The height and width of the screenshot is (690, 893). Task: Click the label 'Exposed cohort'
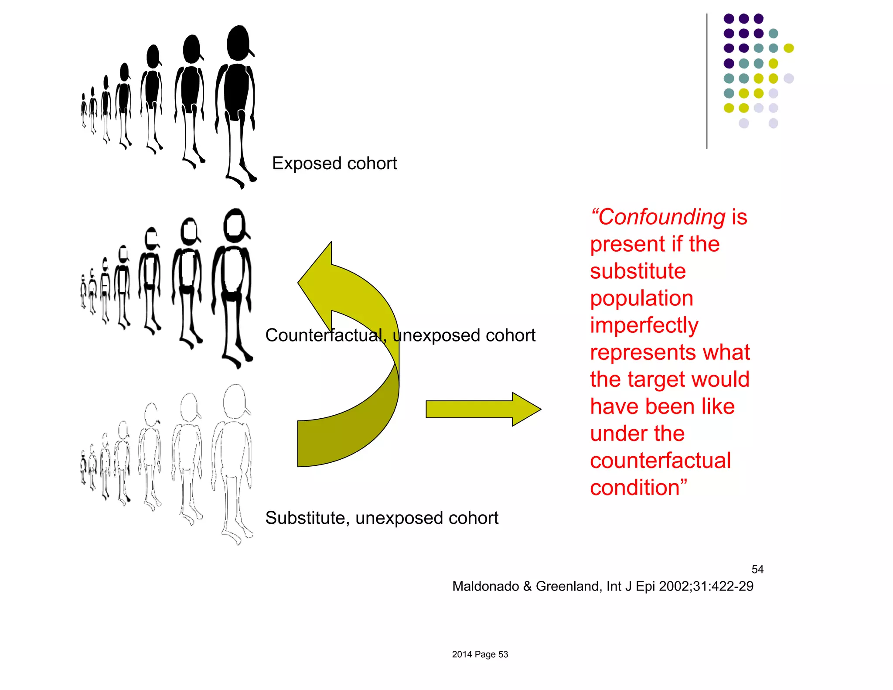click(x=334, y=164)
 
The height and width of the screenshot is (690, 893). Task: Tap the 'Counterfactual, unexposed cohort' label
click(x=400, y=335)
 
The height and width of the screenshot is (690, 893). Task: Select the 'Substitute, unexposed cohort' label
click(x=382, y=518)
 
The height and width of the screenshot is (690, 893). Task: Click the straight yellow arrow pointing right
click(x=483, y=409)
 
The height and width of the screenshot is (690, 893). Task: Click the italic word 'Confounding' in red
click(x=661, y=217)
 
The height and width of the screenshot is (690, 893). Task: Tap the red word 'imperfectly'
click(x=644, y=325)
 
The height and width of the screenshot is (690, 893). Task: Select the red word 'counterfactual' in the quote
click(x=660, y=461)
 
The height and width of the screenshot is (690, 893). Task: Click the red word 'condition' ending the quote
click(x=634, y=488)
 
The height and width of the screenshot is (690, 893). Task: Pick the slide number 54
click(x=757, y=569)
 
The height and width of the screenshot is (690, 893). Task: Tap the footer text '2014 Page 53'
click(x=480, y=654)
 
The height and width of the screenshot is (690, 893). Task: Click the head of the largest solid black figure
click(x=238, y=43)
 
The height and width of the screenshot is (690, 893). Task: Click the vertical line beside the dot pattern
click(x=707, y=81)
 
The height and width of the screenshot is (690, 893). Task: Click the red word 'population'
click(x=641, y=298)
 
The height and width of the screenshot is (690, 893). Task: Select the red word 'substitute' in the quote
click(x=638, y=271)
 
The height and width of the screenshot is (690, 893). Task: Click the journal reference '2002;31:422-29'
click(x=706, y=586)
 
